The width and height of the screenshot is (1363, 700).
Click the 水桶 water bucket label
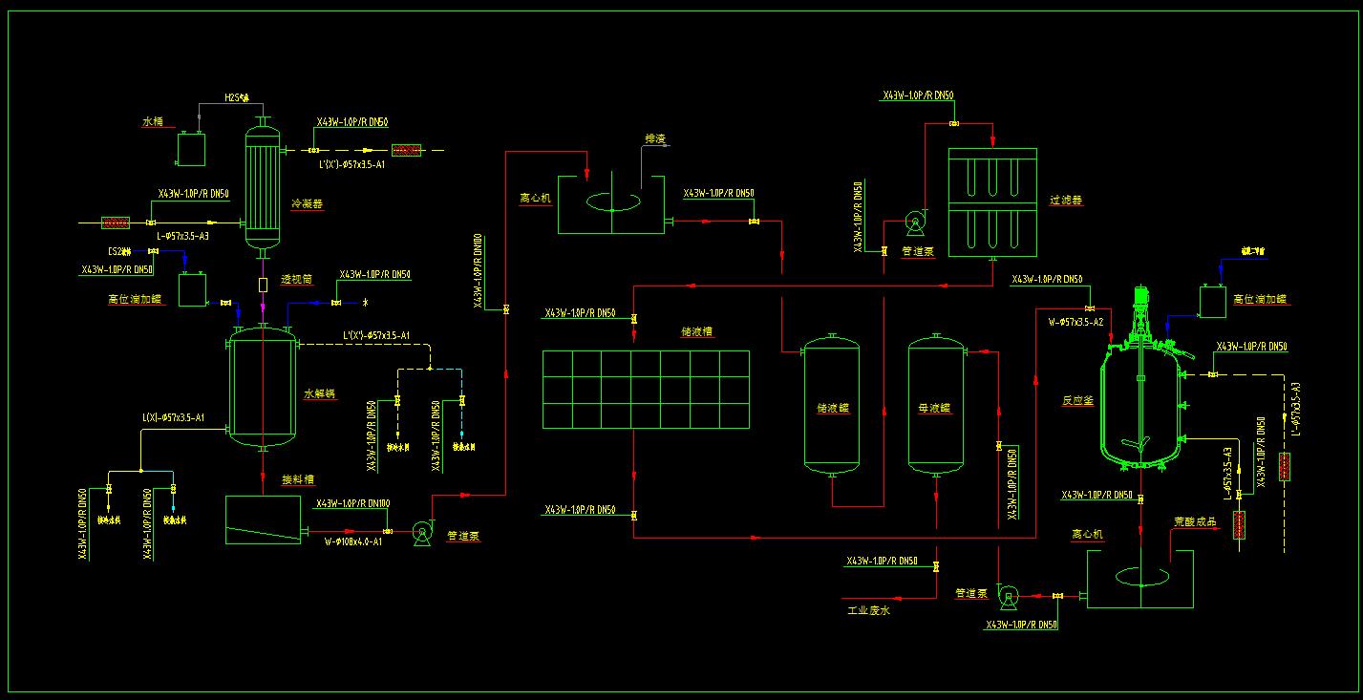pos(153,122)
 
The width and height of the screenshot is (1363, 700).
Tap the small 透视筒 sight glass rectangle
pos(263,285)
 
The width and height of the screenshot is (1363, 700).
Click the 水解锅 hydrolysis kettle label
pos(318,393)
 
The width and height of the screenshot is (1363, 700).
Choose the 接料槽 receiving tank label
pos(298,480)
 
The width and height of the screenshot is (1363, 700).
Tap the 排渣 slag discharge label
pos(655,138)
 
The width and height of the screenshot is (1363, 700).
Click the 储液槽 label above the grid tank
pos(697,332)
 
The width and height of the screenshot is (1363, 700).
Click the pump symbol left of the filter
pos(915,223)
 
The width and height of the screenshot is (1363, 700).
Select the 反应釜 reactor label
pos(1076,401)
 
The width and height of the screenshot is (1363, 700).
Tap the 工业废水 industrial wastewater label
pos(868,610)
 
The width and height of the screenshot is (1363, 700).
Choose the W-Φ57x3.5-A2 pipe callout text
pos(1075,322)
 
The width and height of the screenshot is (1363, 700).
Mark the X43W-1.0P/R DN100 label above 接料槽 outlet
pos(352,503)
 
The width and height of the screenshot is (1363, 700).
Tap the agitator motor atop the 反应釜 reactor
pos(1139,298)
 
